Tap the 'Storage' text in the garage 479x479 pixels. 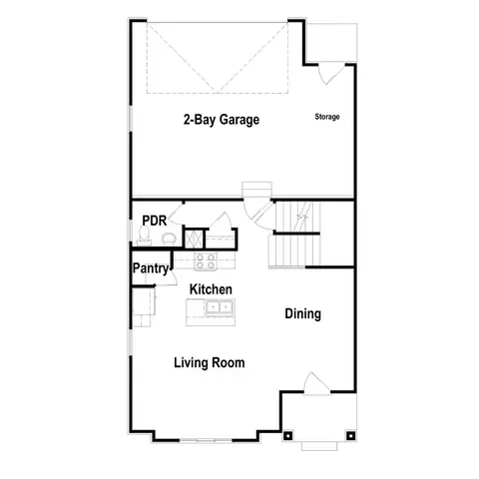pyautogui.click(x=327, y=117)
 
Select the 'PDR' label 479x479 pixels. pyautogui.click(x=153, y=221)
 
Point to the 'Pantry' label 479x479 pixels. pyautogui.click(x=152, y=267)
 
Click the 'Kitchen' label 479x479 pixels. pyautogui.click(x=211, y=288)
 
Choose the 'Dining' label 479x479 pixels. pyautogui.click(x=302, y=313)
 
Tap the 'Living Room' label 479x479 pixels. pyautogui.click(x=209, y=362)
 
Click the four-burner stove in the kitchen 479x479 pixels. pyautogui.click(x=206, y=261)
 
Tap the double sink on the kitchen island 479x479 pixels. pyautogui.click(x=219, y=308)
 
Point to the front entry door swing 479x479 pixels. pyautogui.click(x=312, y=383)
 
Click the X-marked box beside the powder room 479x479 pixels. pyautogui.click(x=194, y=238)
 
